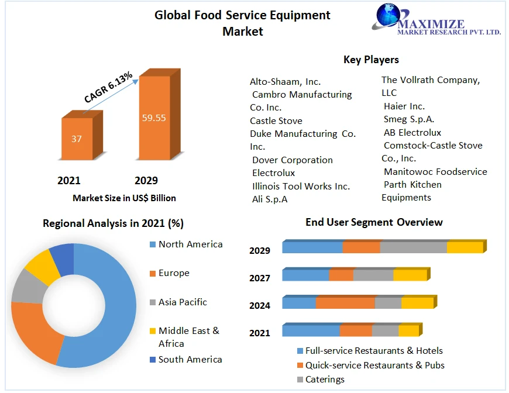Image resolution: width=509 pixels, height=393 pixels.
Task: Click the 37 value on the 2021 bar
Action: pyautogui.click(x=77, y=139)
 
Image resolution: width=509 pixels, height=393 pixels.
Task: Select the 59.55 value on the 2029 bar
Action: pyautogui.click(x=154, y=118)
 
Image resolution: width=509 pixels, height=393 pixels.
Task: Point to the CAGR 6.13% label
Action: pyautogui.click(x=109, y=88)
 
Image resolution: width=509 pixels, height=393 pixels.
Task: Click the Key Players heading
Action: pyautogui.click(x=371, y=60)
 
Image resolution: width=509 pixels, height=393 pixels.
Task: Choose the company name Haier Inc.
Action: pyautogui.click(x=404, y=106)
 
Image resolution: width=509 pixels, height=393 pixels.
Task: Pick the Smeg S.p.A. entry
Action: pyautogui.click(x=409, y=119)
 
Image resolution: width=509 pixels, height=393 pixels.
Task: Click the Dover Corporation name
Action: pyautogui.click(x=292, y=160)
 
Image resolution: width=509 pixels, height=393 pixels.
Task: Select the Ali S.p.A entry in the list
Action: pyautogui.click(x=270, y=199)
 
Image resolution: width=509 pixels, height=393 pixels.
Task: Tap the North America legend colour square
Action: pyautogui.click(x=153, y=244)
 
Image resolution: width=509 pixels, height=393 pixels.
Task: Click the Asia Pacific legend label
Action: pyautogui.click(x=183, y=302)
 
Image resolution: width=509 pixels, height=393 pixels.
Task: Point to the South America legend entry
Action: pyautogui.click(x=190, y=360)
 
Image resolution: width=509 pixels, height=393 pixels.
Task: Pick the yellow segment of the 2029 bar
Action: pyautogui.click(x=465, y=247)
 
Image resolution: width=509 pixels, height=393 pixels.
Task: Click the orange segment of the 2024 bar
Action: pyautogui.click(x=345, y=303)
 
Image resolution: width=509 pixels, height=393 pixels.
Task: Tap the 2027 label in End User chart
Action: pyautogui.click(x=260, y=278)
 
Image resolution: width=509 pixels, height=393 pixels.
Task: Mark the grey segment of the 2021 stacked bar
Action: pyautogui.click(x=385, y=331)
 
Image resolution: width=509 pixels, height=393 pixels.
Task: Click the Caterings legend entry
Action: pyautogui.click(x=325, y=380)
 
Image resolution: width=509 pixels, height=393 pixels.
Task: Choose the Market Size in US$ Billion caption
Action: pyautogui.click(x=124, y=198)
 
